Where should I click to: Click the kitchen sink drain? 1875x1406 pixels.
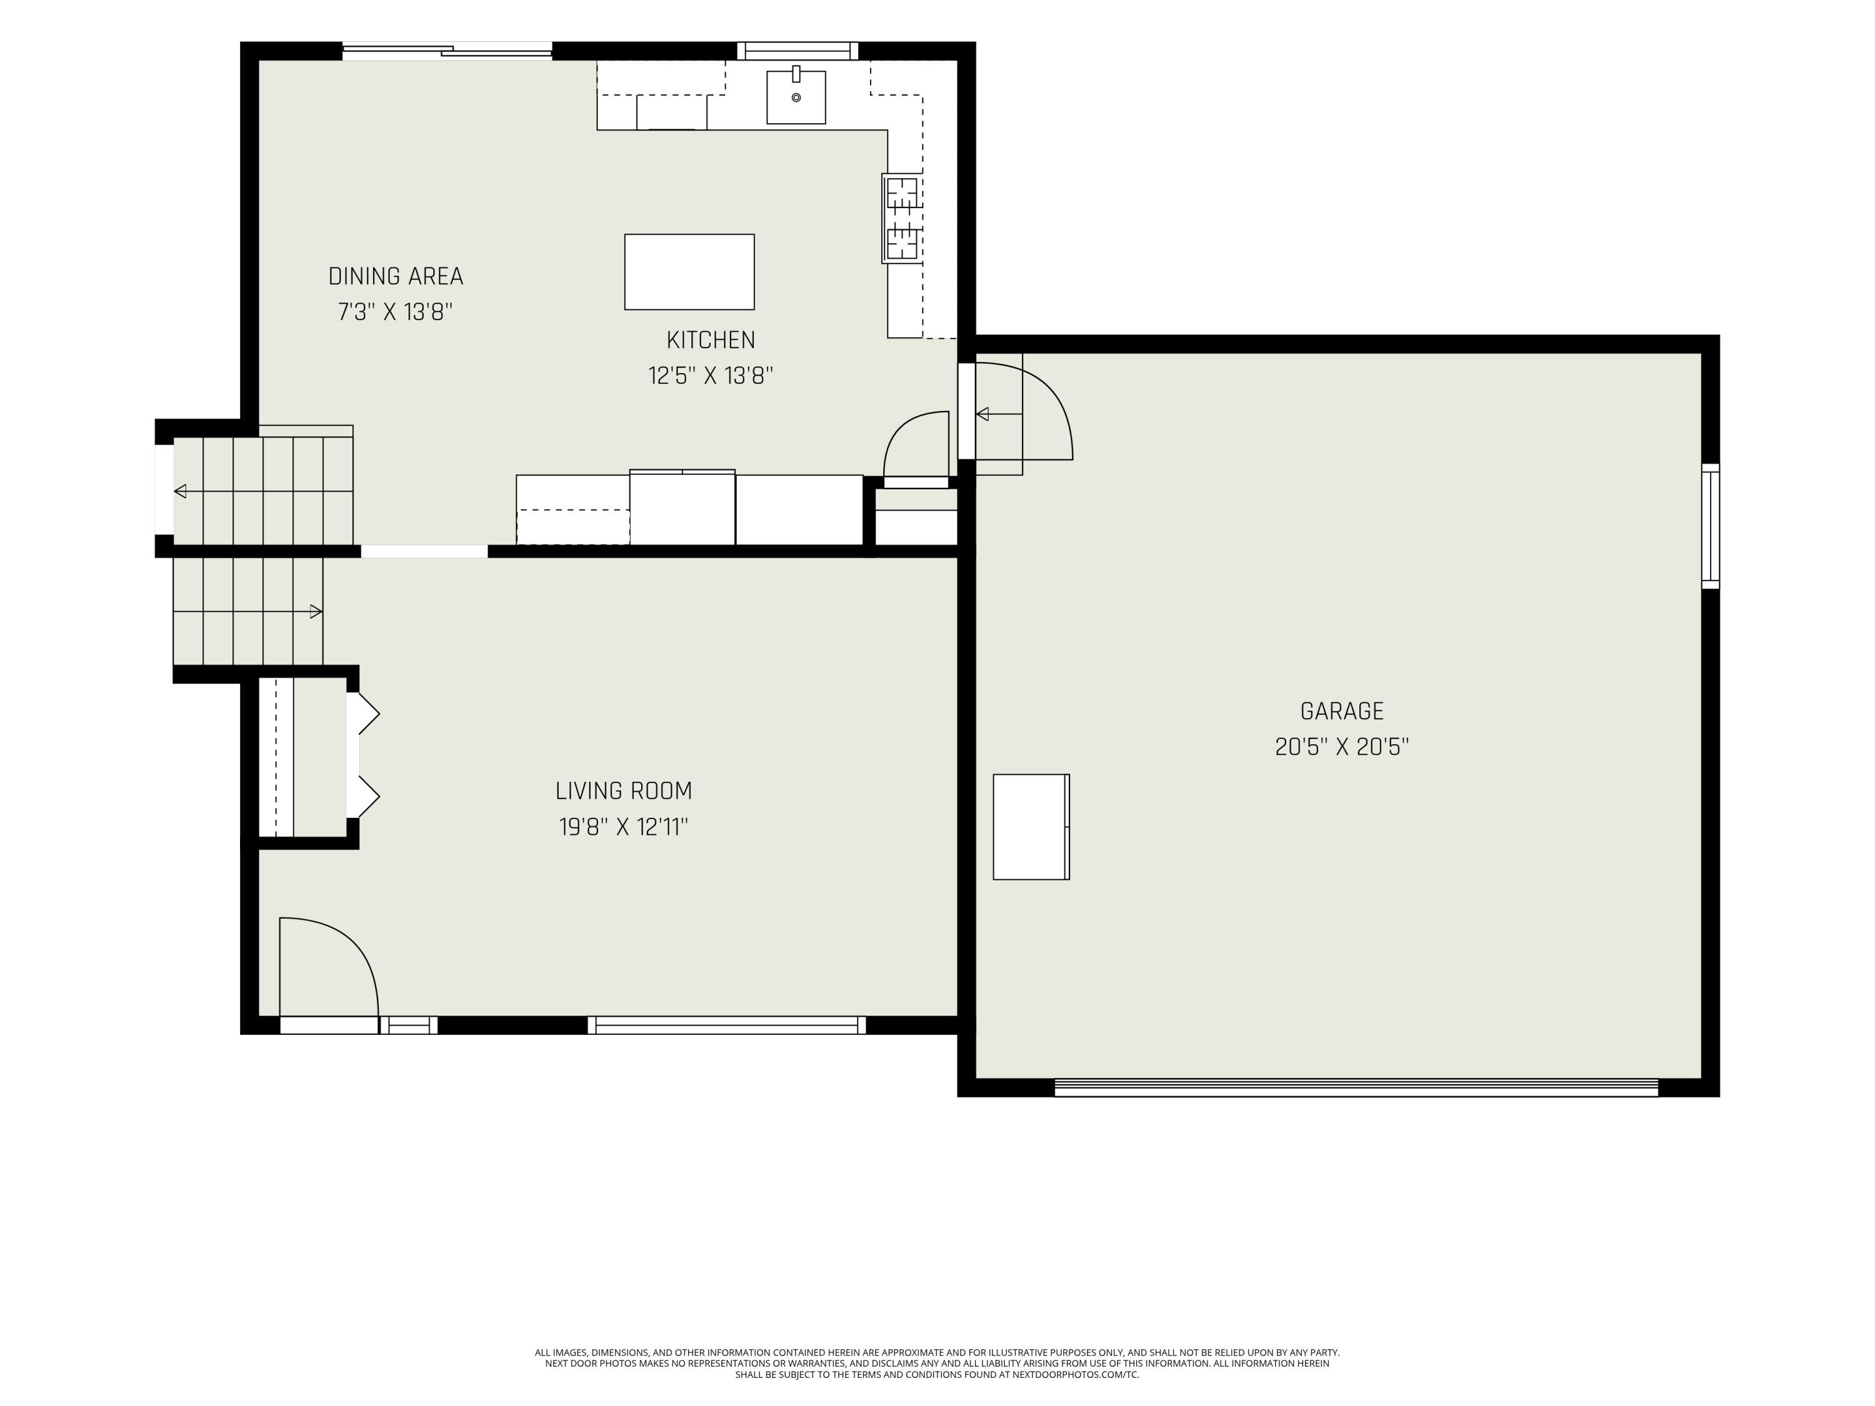[796, 97]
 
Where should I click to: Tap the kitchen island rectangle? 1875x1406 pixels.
[689, 272]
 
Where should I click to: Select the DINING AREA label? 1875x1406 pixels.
[396, 276]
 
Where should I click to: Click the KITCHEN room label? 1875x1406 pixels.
[711, 340]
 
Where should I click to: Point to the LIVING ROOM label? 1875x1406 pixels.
[624, 790]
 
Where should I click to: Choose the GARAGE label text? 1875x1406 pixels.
[1342, 711]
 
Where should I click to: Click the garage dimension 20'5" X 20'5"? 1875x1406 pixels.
[1342, 747]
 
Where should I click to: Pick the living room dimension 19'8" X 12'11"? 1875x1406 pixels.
[624, 826]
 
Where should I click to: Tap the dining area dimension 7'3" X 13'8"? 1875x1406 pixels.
[396, 312]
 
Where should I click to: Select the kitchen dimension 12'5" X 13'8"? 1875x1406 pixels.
[711, 376]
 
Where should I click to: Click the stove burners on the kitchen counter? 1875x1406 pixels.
[902, 219]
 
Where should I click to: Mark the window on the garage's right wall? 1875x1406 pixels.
[1711, 526]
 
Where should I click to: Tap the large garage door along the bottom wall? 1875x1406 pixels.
[1356, 1087]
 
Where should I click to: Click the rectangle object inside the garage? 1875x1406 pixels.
[1031, 826]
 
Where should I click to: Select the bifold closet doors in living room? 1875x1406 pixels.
[362, 755]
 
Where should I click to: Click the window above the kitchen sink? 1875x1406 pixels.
[797, 51]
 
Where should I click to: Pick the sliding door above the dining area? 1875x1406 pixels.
[447, 51]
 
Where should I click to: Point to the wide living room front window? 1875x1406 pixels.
[727, 1025]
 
